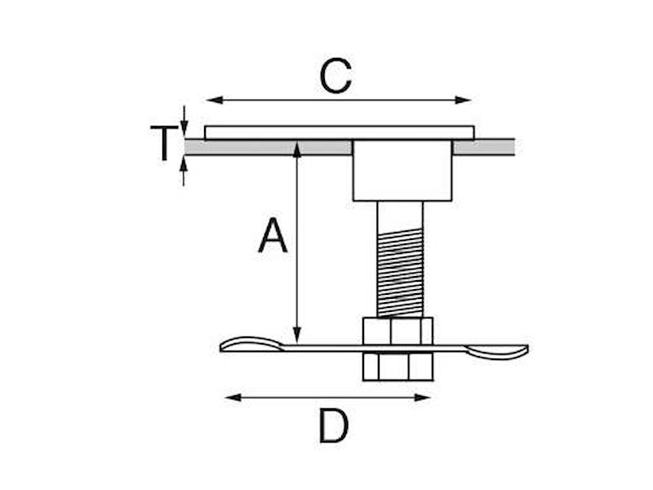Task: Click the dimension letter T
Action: pyautogui.click(x=163, y=143)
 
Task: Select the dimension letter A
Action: pyautogui.click(x=273, y=237)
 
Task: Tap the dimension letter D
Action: pyautogui.click(x=333, y=425)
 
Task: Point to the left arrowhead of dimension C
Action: pyautogui.click(x=211, y=100)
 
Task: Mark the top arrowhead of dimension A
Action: pyautogui.click(x=297, y=147)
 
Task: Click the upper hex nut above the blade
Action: pyautogui.click(x=398, y=331)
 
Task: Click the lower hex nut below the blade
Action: pyautogui.click(x=398, y=367)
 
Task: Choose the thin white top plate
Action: pyautogui.click(x=339, y=132)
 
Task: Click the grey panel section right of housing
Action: pyautogui.click(x=483, y=147)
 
